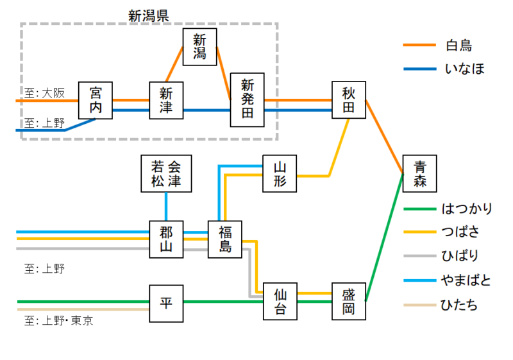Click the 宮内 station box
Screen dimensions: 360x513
[96, 100]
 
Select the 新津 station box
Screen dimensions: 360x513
[166, 100]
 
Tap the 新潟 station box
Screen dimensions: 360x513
[199, 47]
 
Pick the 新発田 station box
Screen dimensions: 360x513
[248, 100]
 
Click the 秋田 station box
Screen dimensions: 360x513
[348, 100]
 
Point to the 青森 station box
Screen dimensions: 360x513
[419, 173]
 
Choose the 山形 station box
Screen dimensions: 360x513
[280, 173]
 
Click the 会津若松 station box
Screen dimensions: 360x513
[166, 174]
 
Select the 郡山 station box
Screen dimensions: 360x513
[166, 239]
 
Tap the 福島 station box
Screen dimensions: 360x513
[224, 239]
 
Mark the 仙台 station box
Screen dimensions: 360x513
[280, 302]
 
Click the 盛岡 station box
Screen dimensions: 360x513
[348, 302]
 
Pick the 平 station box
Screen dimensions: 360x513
[166, 302]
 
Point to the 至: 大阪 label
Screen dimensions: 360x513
[45, 93]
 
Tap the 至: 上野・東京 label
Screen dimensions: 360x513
[58, 320]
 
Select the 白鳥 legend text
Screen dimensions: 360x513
[458, 46]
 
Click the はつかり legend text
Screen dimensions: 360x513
[467, 209]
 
